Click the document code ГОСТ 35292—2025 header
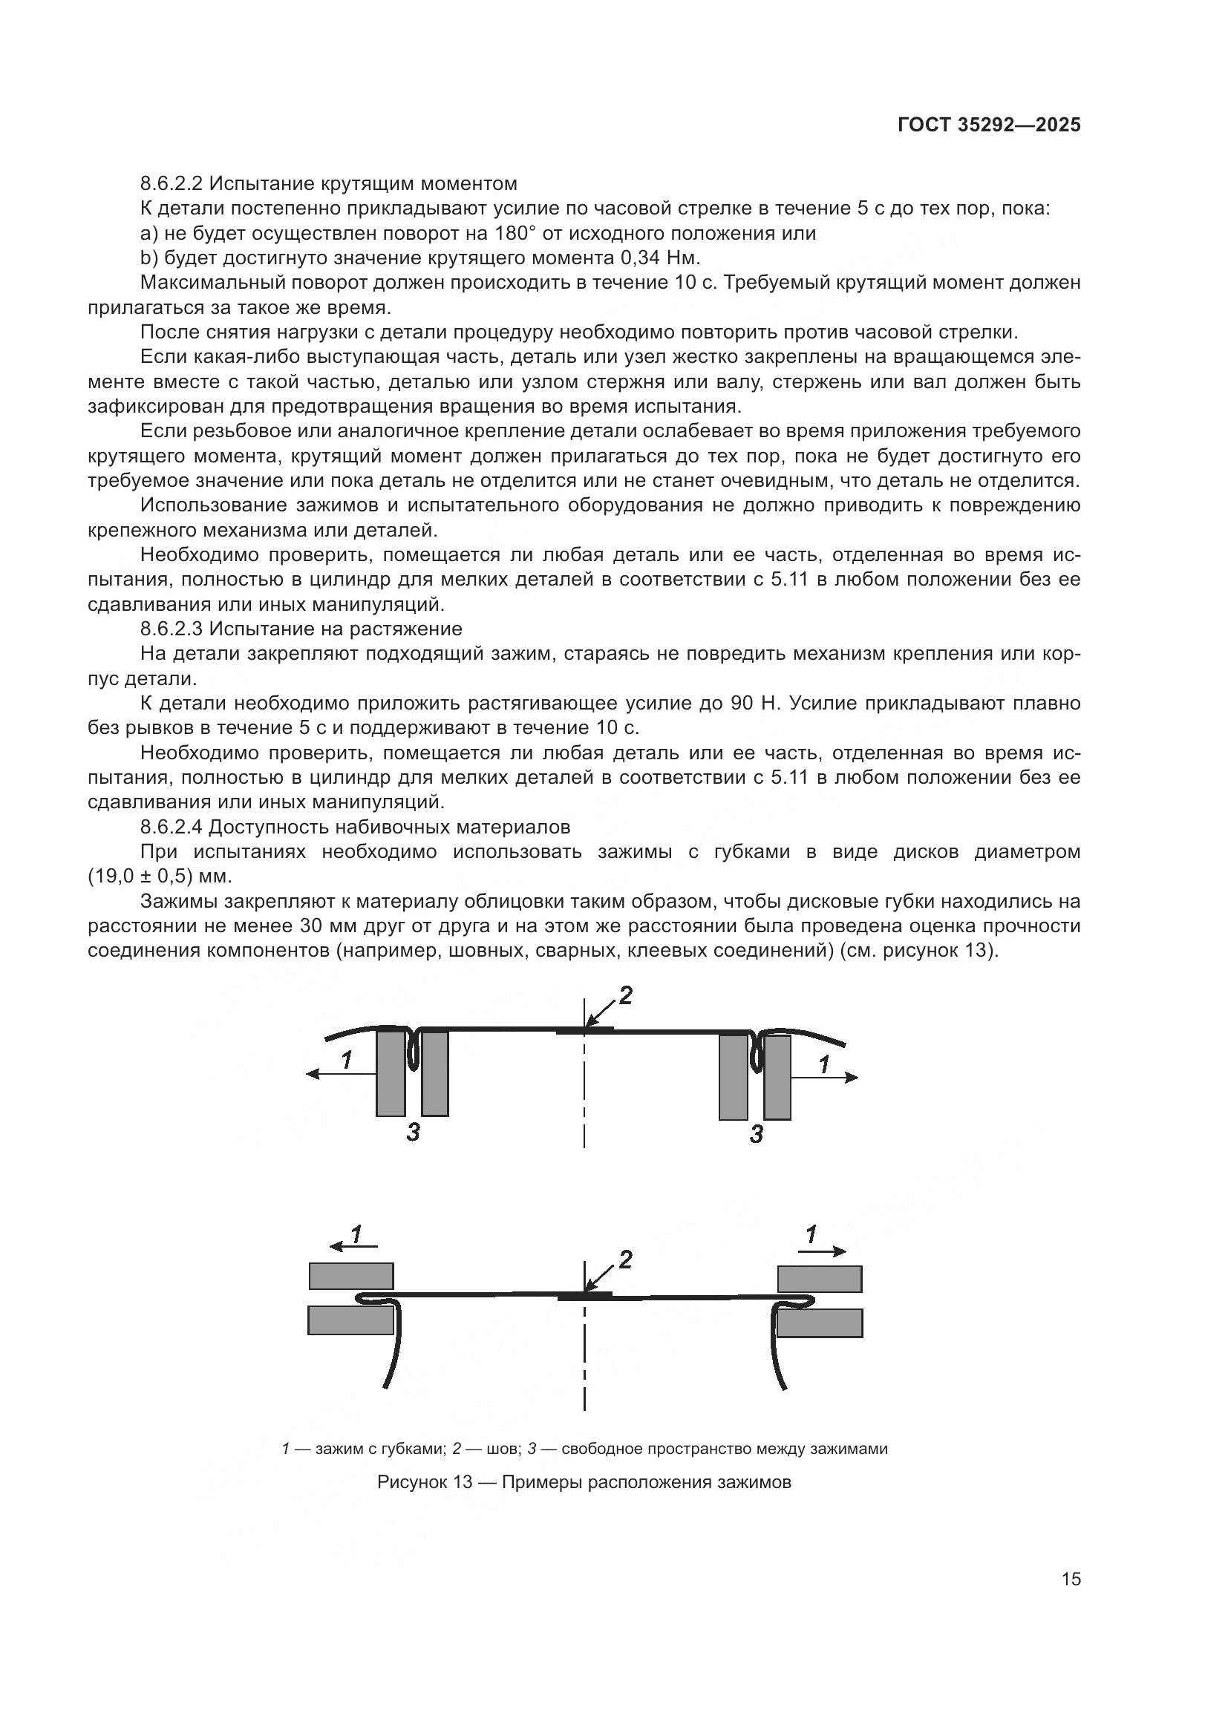pyautogui.click(x=988, y=125)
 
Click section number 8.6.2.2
pyautogui.click(x=172, y=184)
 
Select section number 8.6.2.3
pyautogui.click(x=172, y=629)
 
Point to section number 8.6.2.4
pyautogui.click(x=172, y=827)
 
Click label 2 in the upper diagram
pyautogui.click(x=625, y=996)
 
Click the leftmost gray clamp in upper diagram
pyautogui.click(x=391, y=1074)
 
